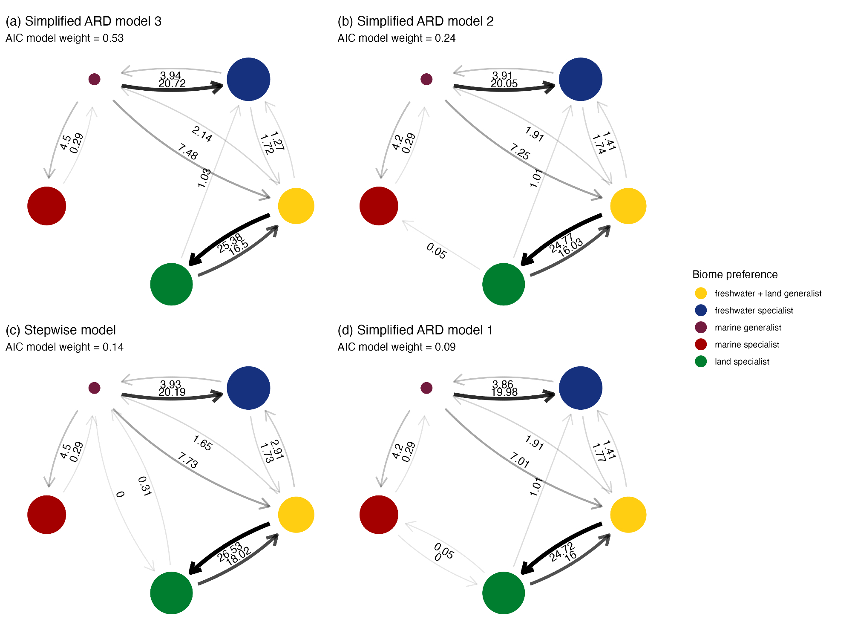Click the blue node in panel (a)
(248, 79)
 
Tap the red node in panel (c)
(47, 515)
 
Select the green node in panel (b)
(504, 284)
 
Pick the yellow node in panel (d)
(628, 515)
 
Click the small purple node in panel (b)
(426, 79)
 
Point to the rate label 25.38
(229, 243)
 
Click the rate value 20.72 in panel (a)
(172, 84)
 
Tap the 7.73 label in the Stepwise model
(188, 461)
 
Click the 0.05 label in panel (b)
(437, 251)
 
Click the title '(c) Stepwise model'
(60, 330)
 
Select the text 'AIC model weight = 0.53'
(64, 38)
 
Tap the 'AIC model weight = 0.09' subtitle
(397, 347)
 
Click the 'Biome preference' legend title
(735, 274)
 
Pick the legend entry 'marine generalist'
(748, 328)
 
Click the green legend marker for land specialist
(701, 362)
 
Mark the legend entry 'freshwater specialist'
(754, 311)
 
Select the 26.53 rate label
(229, 552)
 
